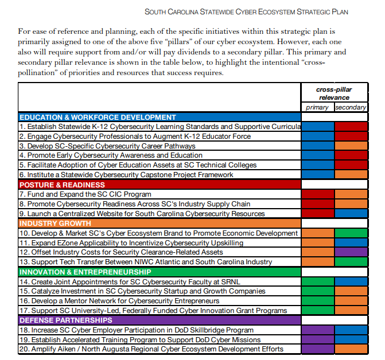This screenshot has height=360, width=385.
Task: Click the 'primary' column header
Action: pos(317,107)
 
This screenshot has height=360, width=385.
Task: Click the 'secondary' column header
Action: pos(351,107)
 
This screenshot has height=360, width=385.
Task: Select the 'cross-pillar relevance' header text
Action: pos(334,93)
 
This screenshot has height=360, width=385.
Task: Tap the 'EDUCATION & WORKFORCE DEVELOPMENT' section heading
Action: pos(98,117)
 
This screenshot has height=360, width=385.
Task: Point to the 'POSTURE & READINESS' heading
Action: pos(62,185)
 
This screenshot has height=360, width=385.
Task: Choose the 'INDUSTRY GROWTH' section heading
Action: pos(55,224)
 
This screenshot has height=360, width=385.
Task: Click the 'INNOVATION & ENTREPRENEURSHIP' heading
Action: pos(85,272)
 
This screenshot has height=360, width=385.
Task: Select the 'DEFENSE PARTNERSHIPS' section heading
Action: pos(66,320)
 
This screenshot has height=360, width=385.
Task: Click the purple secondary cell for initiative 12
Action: pos(351,252)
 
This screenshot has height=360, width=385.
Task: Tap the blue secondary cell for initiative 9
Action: pos(351,214)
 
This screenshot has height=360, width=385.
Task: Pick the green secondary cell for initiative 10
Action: pos(351,233)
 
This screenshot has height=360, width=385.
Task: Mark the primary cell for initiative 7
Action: pos(317,194)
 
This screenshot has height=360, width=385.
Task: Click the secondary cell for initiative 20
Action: pos(351,349)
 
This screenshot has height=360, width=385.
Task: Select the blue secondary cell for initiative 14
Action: pos(351,281)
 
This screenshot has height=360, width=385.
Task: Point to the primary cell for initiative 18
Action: pos(317,330)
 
